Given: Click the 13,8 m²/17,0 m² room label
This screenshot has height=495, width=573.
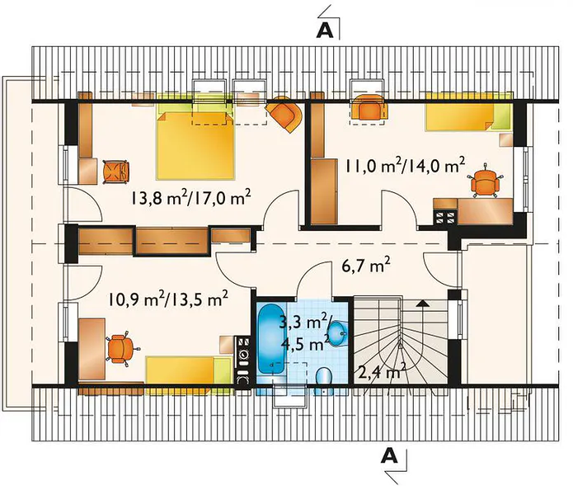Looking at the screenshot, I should tap(191, 198).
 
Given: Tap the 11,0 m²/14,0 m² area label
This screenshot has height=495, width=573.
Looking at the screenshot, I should tap(405, 167).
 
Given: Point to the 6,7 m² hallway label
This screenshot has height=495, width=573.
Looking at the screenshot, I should tap(365, 266).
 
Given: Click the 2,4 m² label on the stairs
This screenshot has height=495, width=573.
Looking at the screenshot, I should tap(380, 373).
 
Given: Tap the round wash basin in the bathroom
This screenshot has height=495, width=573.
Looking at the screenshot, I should tap(338, 333).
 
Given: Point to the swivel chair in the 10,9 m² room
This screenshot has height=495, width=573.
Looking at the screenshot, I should tap(121, 347).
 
